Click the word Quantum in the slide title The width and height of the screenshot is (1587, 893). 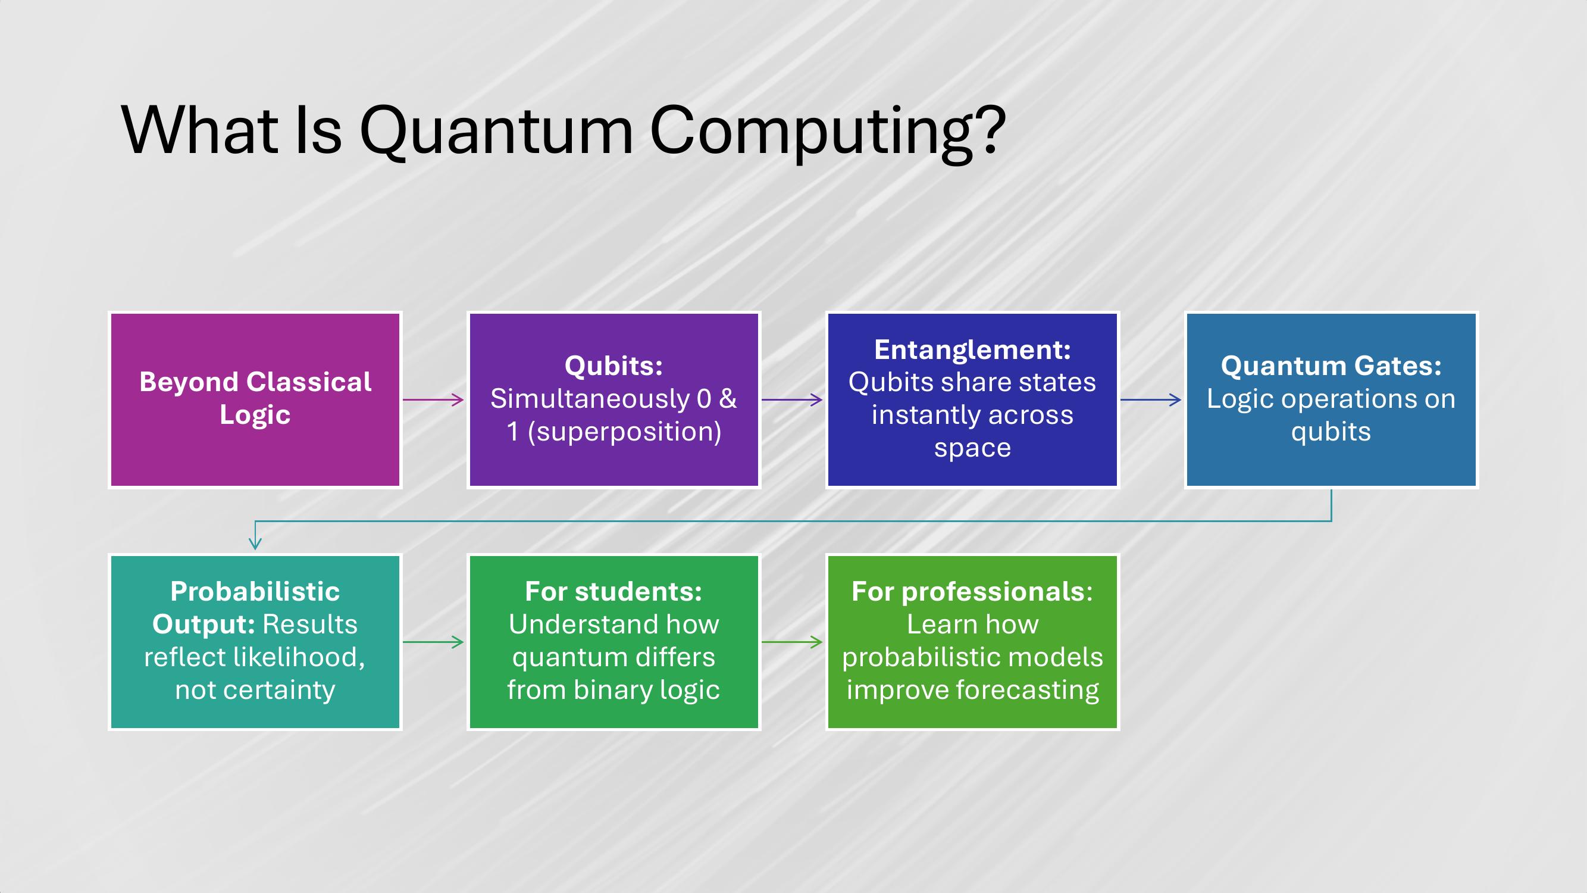[x=496, y=130]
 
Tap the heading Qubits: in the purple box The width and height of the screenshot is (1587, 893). [x=613, y=366]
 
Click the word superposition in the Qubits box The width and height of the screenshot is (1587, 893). [x=624, y=432]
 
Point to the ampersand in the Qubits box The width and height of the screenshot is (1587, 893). [x=728, y=399]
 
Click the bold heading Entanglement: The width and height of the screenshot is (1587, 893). [x=972, y=350]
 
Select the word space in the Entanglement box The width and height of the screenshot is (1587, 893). [x=972, y=448]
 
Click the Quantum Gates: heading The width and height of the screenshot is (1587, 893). [x=1331, y=366]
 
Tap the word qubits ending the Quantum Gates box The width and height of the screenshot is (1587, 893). [x=1331, y=432]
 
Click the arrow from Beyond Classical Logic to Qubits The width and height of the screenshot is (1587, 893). [x=433, y=400]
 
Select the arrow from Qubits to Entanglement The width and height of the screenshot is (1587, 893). [x=791, y=400]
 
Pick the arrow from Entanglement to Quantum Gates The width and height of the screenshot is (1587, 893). [x=1150, y=400]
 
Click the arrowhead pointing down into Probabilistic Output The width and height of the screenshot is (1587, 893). [x=255, y=543]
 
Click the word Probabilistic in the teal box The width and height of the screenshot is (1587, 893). [x=255, y=592]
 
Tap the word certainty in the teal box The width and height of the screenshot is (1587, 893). [x=278, y=690]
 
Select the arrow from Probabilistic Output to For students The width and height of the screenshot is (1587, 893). [x=433, y=642]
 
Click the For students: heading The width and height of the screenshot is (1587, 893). [x=613, y=592]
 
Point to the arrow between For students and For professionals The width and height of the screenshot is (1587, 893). [x=791, y=642]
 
